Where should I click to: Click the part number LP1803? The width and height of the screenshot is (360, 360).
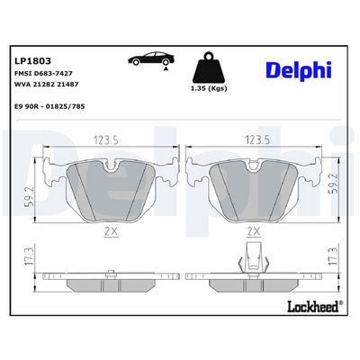tap(32, 61)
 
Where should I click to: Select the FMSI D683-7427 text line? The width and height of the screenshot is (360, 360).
tap(43, 73)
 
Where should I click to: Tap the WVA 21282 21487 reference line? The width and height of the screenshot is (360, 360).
tap(46, 85)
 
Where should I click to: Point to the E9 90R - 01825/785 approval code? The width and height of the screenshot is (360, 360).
tap(49, 106)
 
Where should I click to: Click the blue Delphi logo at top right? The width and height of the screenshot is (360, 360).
tap(299, 71)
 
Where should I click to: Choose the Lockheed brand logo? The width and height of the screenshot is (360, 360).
tap(315, 306)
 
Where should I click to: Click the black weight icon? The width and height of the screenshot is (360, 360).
tap(209, 67)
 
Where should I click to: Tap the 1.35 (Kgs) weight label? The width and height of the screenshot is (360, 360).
tap(209, 88)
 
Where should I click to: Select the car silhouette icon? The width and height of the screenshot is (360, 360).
tap(151, 58)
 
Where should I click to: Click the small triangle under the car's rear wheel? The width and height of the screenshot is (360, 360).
tap(166, 68)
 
